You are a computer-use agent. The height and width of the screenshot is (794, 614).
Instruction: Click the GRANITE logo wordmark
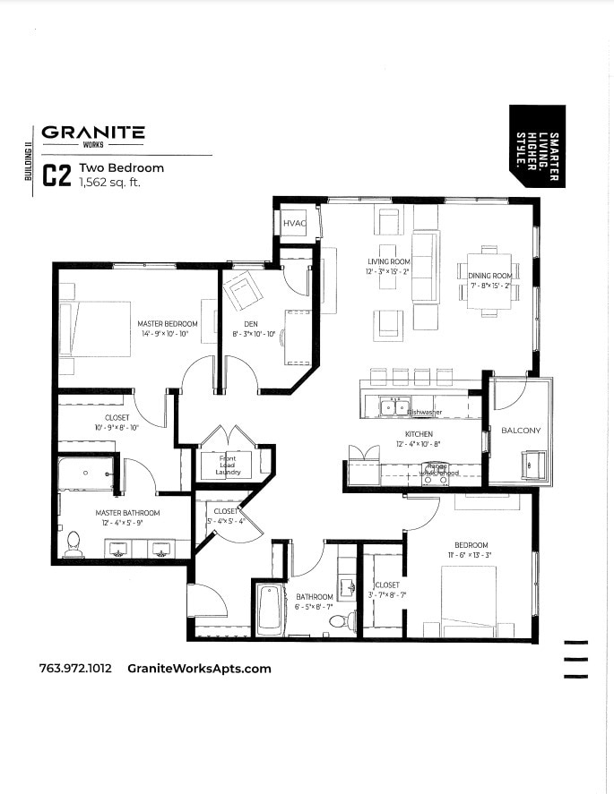click(x=92, y=132)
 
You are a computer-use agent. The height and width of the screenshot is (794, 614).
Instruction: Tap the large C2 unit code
click(x=56, y=175)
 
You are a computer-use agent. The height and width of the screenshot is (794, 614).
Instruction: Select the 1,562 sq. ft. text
click(x=110, y=182)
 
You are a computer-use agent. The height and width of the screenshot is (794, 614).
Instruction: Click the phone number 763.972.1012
click(x=75, y=668)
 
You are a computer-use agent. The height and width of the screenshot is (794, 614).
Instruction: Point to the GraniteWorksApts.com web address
click(x=199, y=668)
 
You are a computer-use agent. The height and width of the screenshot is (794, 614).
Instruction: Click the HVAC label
click(x=295, y=223)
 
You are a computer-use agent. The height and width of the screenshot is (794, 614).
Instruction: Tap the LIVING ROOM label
click(x=387, y=261)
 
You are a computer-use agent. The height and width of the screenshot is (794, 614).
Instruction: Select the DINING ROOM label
click(x=489, y=277)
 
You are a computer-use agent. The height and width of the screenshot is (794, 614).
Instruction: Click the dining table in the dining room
click(x=489, y=282)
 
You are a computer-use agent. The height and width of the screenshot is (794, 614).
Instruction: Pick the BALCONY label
click(x=521, y=431)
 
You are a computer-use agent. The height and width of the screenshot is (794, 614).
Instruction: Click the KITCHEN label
click(x=419, y=434)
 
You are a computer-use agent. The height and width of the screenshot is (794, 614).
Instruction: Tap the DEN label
click(x=251, y=324)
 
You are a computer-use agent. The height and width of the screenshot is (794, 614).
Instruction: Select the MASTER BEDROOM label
click(x=168, y=324)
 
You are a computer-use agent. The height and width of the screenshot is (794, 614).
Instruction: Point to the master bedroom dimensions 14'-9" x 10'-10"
click(x=168, y=334)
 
